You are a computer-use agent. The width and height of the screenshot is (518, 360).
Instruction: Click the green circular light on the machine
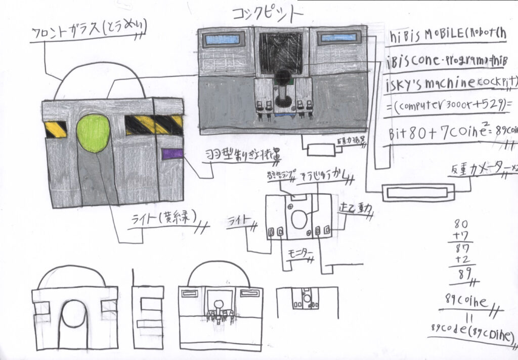pos(93,133)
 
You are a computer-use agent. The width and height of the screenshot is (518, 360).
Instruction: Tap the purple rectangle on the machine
pos(172,154)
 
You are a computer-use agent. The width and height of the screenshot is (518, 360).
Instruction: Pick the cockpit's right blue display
pos(338,38)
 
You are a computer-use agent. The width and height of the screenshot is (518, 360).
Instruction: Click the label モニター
pos(300,253)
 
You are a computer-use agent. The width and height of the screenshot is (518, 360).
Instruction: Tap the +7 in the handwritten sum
pos(461,236)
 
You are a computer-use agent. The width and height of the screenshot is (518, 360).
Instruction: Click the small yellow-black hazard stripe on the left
pos(56,129)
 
